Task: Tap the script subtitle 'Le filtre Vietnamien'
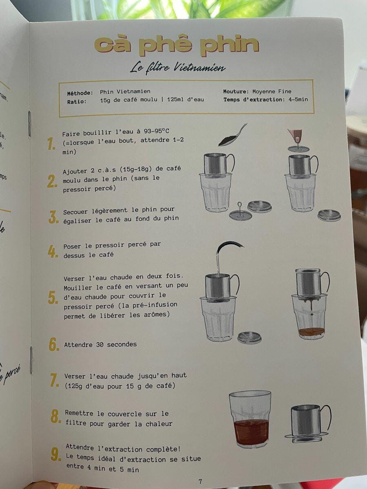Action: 178,68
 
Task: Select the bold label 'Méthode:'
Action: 80,93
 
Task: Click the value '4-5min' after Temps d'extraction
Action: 298,99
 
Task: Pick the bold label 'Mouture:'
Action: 236,91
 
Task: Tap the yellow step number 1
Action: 51,144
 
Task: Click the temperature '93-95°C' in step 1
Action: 157,131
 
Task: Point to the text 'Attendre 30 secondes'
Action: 100,345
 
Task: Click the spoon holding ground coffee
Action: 232,135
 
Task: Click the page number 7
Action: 200,481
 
